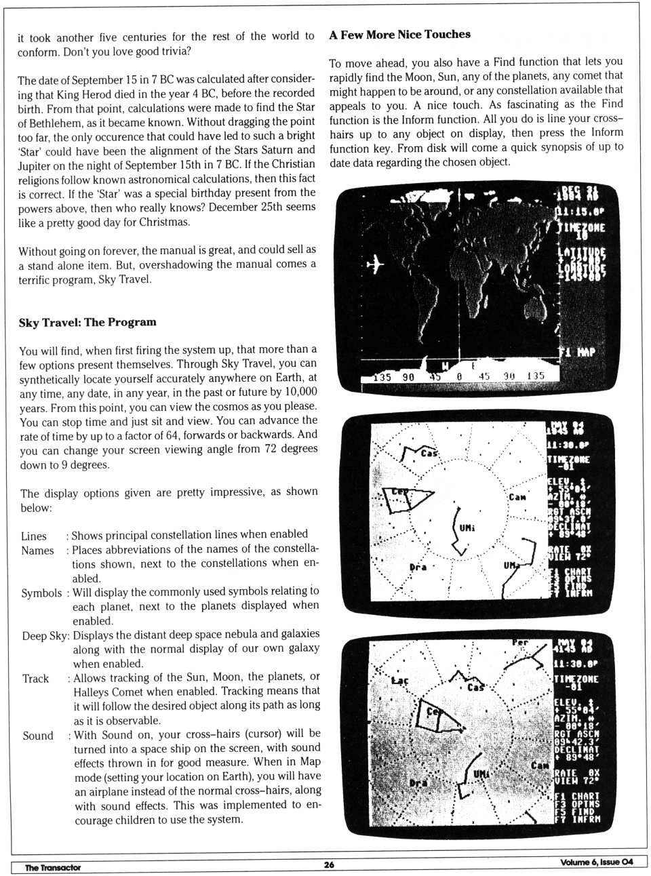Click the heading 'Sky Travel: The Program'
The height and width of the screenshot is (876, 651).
(x=87, y=322)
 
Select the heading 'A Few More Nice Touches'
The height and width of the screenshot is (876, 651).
(x=399, y=35)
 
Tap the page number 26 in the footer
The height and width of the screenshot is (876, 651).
(x=329, y=864)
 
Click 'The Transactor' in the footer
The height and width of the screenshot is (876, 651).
(x=53, y=867)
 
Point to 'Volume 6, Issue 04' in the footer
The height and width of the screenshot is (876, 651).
(x=597, y=862)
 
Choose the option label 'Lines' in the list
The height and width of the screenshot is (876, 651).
(x=34, y=536)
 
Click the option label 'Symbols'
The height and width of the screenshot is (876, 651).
(x=41, y=593)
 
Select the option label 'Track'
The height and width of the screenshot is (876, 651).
(x=35, y=679)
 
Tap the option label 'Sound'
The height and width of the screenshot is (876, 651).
(x=38, y=736)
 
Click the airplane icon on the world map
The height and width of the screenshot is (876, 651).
(x=375, y=264)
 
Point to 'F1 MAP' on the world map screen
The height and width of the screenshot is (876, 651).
(x=576, y=352)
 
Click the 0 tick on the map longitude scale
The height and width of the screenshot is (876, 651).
(x=458, y=376)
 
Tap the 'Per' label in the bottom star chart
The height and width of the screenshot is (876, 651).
(x=520, y=643)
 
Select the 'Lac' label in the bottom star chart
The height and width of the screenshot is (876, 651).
(x=399, y=680)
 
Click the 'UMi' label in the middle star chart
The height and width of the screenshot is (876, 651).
(x=467, y=528)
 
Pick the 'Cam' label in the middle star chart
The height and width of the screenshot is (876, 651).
(x=517, y=497)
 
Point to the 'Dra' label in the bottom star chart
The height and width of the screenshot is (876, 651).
(x=418, y=783)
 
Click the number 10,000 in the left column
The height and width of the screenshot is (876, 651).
(x=301, y=392)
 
